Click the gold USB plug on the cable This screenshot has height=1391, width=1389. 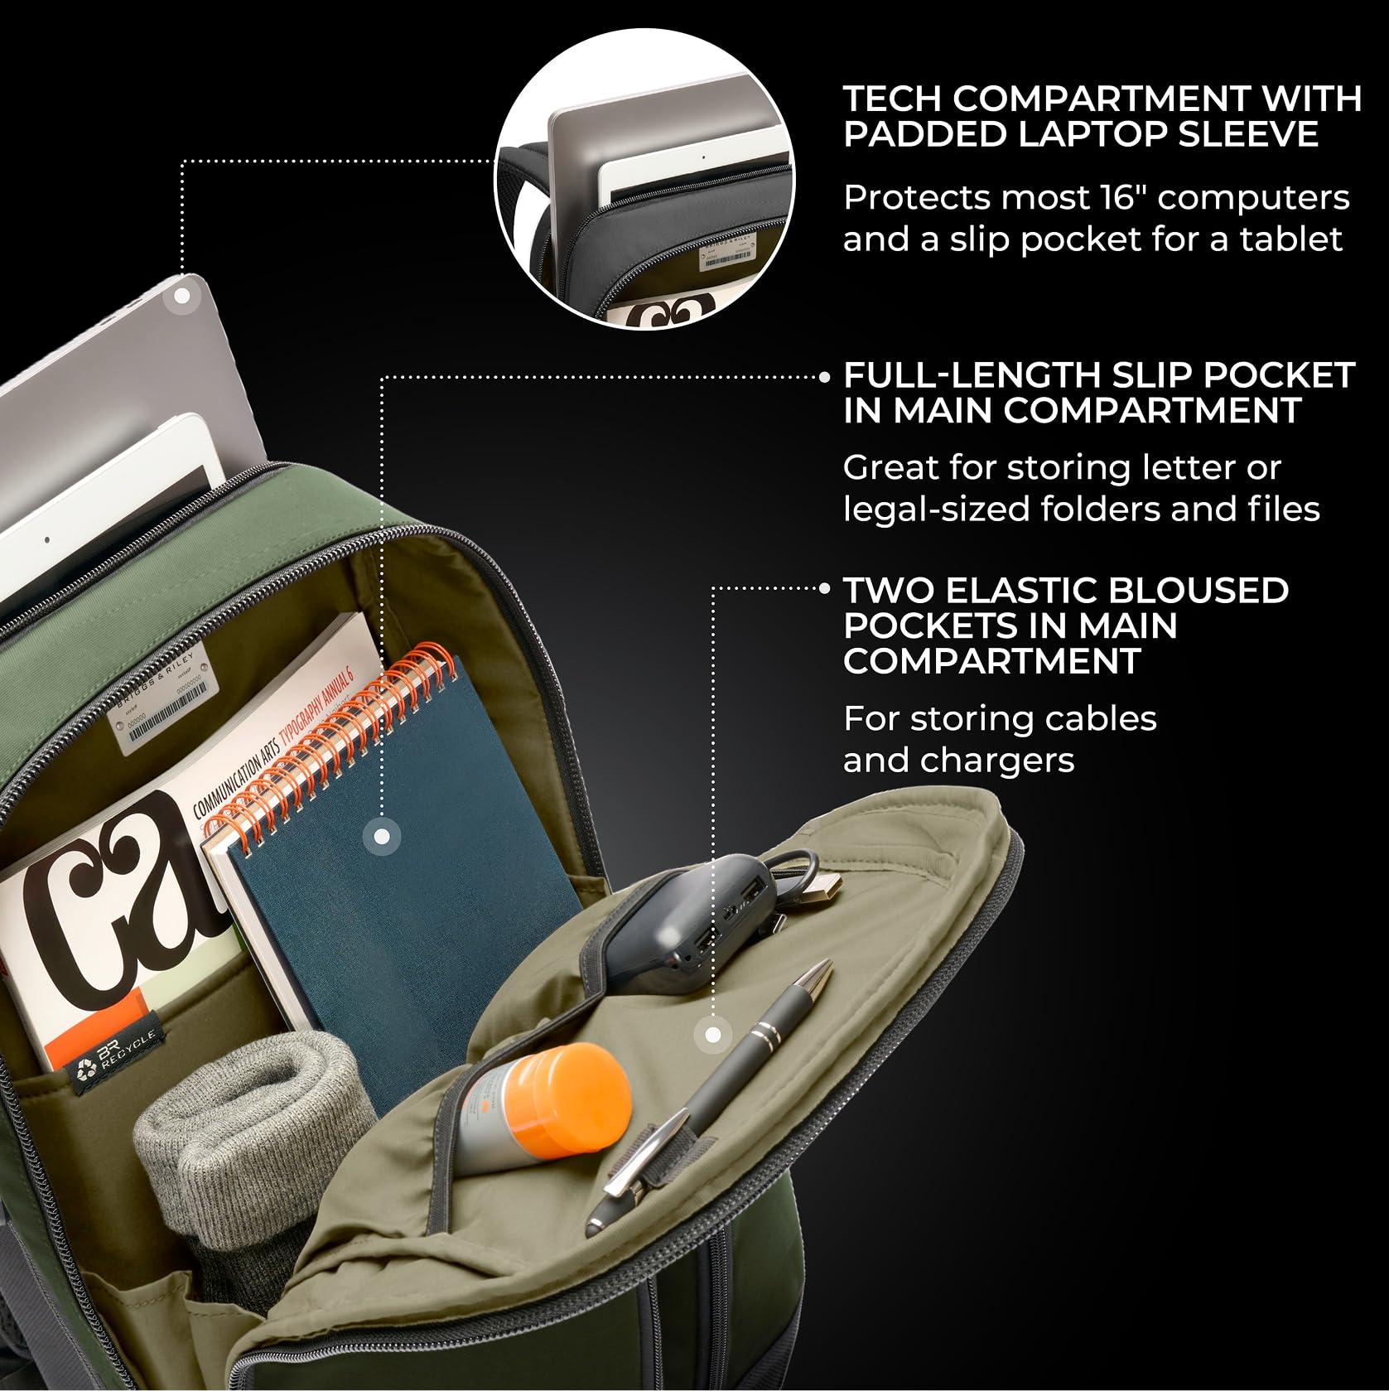click(822, 891)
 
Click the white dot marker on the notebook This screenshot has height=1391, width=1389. click(381, 837)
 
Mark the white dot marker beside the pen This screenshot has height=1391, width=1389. click(712, 1034)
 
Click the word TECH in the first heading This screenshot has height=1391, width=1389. click(891, 99)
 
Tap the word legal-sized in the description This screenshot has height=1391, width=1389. click(928, 509)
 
